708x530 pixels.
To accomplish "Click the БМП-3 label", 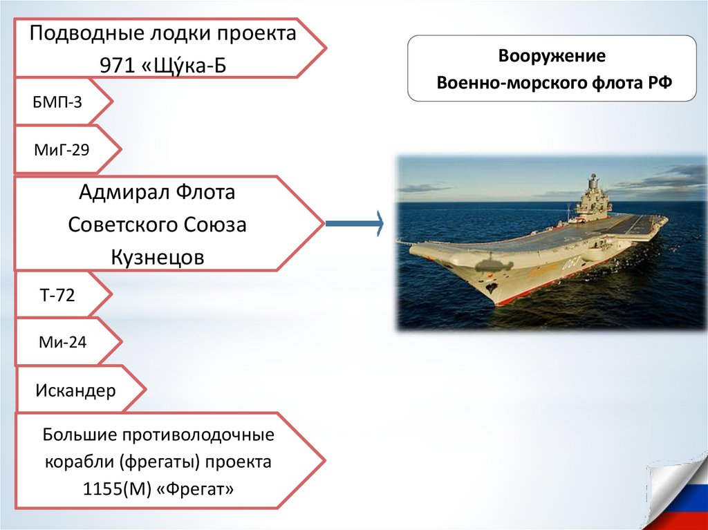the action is pos(57,103).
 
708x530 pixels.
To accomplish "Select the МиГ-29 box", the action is pos(62,148).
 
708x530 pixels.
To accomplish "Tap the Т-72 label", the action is pos(57,295).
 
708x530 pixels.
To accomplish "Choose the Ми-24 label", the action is pos(62,341).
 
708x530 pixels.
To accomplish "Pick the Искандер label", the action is pos(75,391).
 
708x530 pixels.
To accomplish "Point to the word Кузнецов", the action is pos(158,258).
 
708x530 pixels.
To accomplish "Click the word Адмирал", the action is pos(121,192).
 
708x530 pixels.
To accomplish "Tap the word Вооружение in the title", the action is pos(552,56).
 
